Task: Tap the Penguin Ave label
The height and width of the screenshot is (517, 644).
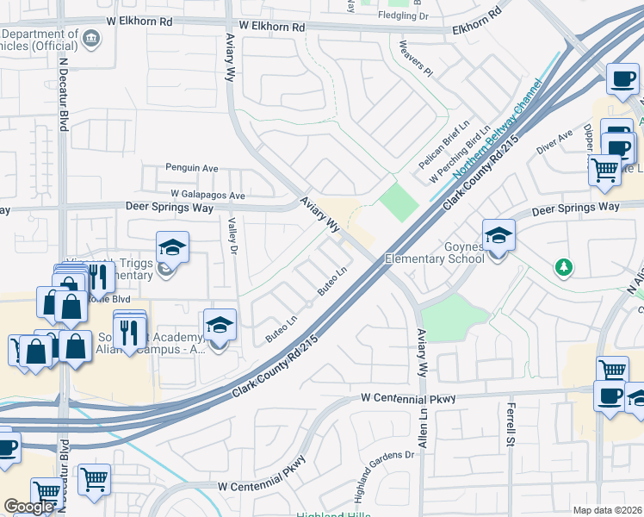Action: [x=190, y=168]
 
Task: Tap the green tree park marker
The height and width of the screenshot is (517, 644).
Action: [x=564, y=267]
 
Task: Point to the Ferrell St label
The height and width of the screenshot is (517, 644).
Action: [x=510, y=423]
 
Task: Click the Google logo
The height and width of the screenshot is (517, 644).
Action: [x=28, y=506]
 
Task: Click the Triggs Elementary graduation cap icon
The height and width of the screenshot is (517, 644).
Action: [x=172, y=247]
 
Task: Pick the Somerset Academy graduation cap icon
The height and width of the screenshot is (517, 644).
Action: [x=219, y=326]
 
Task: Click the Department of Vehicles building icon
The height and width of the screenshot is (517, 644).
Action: [x=92, y=38]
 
